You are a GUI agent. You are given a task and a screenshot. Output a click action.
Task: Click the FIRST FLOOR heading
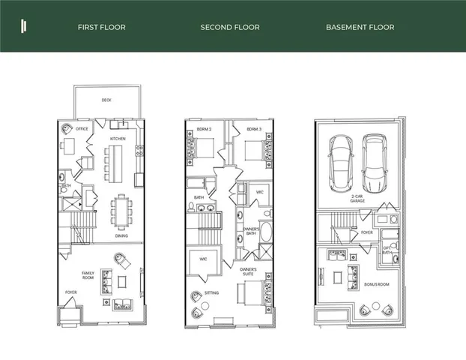coord(101,27)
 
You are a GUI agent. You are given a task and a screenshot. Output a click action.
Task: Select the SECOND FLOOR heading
coord(230,27)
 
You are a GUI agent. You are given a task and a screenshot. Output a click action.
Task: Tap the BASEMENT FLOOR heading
coord(360,27)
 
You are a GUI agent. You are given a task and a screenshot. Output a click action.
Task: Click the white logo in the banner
coord(24,26)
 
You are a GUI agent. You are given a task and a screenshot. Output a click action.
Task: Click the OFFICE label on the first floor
coord(82,129)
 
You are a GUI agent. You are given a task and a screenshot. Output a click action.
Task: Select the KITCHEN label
coord(118,139)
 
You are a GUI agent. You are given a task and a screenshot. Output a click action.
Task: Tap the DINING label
coord(121,235)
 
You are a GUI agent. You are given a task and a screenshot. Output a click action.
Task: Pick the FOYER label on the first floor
coord(70,292)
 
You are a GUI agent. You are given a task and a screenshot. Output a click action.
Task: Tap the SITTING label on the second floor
coord(211,292)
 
